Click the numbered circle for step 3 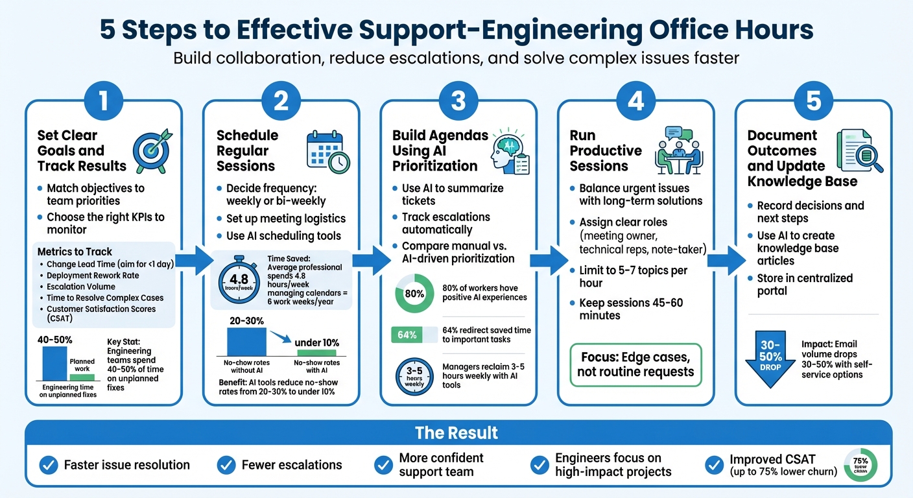(458, 101)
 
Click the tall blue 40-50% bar (55, 363)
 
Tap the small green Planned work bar (82, 377)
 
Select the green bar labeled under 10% (316, 353)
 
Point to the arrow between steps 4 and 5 (723, 260)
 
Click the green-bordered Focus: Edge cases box (635, 365)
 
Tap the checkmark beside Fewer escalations (226, 464)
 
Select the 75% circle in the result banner (860, 464)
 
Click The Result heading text (457, 433)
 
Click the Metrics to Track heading (75, 252)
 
